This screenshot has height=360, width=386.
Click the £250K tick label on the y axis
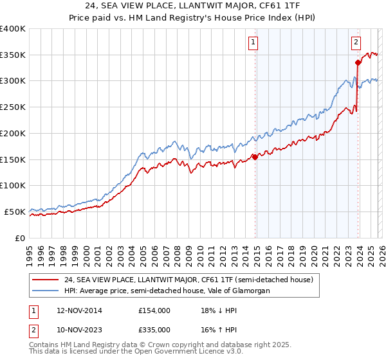13,107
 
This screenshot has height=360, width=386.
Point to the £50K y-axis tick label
15,212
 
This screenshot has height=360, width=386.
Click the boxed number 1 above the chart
253,43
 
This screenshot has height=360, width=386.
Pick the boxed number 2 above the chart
356,43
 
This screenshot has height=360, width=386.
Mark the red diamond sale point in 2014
255,156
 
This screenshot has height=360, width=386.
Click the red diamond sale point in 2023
358,62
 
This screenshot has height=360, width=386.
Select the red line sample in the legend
46,280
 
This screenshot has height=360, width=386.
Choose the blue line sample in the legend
46,291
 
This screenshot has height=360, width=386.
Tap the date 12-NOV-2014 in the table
75,310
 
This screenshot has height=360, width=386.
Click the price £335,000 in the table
154,329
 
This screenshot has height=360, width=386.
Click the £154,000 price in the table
154,310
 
